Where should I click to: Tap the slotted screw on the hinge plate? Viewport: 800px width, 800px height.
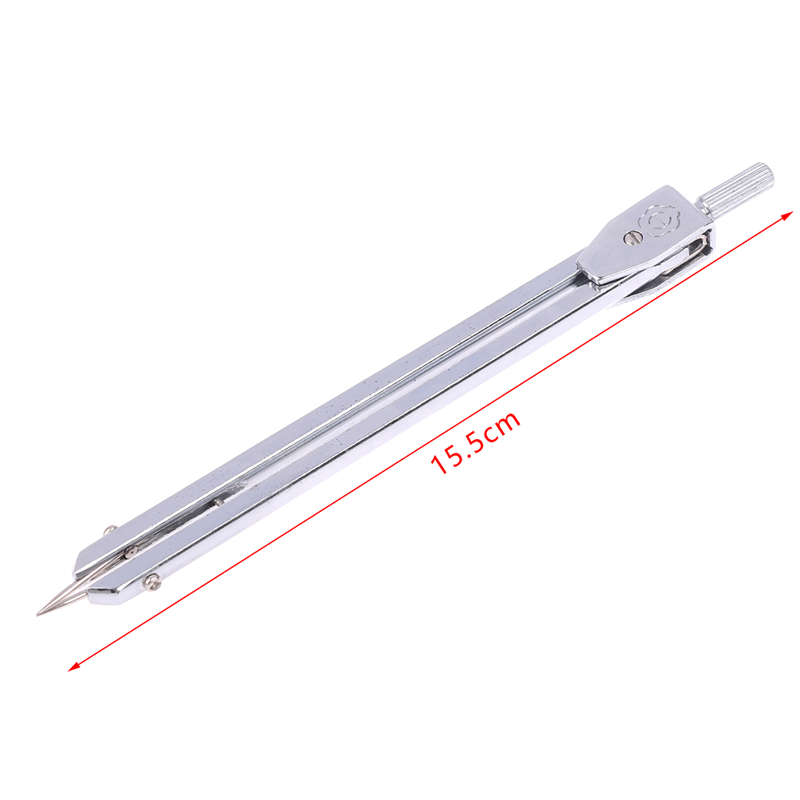pos(632,237)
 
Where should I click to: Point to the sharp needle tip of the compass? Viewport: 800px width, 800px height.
pos(38,614)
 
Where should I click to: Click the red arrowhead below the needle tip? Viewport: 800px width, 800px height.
pos(74,665)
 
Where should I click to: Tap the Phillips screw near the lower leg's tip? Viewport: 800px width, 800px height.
pos(152,581)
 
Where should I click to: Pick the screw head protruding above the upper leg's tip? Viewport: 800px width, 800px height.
pos(109,530)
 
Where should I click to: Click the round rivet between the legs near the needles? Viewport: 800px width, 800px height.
pos(131,551)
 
